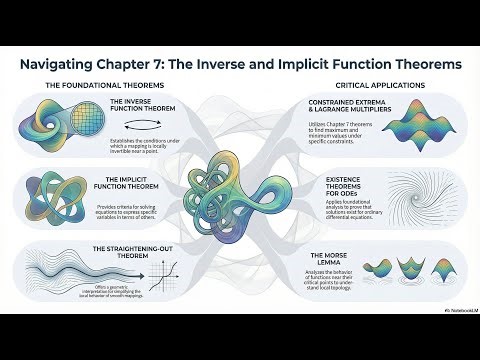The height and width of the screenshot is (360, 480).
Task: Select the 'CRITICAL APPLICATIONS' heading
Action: click(375, 85)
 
